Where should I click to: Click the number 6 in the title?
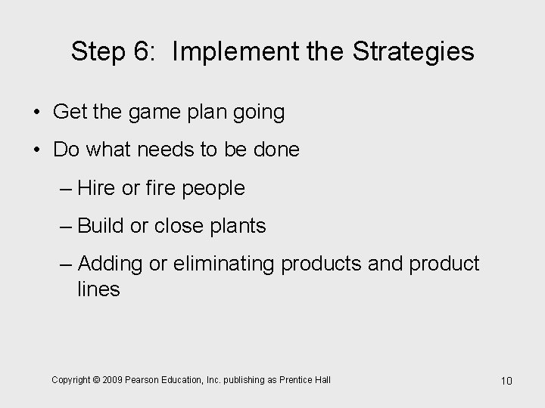point(148,52)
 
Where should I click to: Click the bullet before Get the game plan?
point(37,113)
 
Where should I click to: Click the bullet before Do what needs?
point(37,150)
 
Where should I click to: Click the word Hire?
point(97,188)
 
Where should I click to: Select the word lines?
point(98,289)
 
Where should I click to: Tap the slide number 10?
point(506,381)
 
